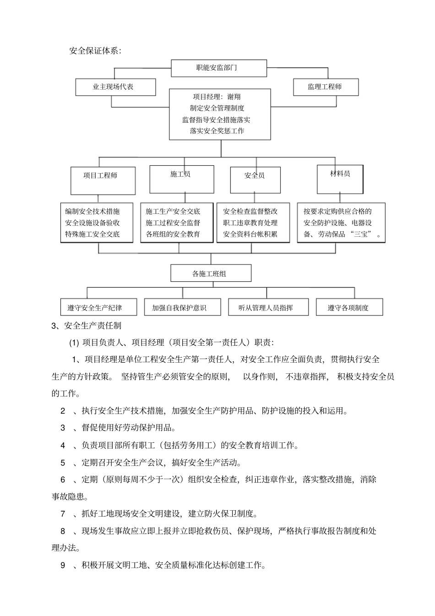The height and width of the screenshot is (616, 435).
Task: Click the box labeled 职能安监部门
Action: [x=218, y=68]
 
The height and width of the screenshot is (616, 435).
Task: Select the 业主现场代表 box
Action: [x=115, y=87]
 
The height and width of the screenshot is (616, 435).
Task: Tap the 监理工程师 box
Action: [x=325, y=87]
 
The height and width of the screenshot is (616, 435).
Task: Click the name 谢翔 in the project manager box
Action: [x=233, y=97]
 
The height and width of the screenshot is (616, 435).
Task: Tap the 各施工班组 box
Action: [x=211, y=273]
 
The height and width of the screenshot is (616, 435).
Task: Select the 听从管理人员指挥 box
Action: [x=266, y=308]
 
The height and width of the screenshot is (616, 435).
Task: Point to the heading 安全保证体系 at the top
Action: [x=95, y=51]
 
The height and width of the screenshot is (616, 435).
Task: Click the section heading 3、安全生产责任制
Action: [x=87, y=326]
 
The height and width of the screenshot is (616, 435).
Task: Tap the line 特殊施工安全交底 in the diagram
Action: [x=92, y=234]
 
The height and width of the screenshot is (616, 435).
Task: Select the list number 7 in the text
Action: [x=63, y=514]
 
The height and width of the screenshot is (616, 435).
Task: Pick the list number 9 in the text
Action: [x=63, y=565]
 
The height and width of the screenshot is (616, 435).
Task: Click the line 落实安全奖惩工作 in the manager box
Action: [x=217, y=131]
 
